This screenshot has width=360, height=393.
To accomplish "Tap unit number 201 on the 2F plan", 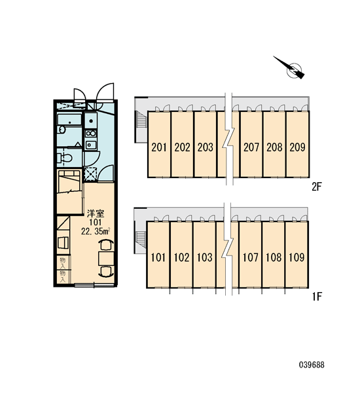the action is pyautogui.click(x=159, y=147).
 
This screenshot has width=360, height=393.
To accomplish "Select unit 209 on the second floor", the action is pyautogui.click(x=297, y=147).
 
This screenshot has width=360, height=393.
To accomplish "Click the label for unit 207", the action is pyautogui.click(x=251, y=147).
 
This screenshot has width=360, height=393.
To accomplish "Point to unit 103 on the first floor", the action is pyautogui.click(x=205, y=257).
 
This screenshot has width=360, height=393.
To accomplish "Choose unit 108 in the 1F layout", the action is pyautogui.click(x=274, y=257).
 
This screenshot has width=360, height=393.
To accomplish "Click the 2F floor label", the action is pyautogui.click(x=316, y=187).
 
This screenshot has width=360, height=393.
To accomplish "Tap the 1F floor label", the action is pyautogui.click(x=317, y=297).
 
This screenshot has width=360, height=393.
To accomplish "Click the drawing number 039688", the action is pyautogui.click(x=312, y=365).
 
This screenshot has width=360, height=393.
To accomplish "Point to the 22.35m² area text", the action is pyautogui.click(x=96, y=231).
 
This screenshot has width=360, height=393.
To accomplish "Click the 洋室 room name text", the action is pyautogui.click(x=96, y=214).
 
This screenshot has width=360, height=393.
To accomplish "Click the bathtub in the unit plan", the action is pyautogui.click(x=69, y=119).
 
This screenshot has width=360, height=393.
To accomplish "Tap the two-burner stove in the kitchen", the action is pyautogui.click(x=91, y=133).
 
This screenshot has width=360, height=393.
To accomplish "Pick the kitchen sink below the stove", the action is pyautogui.click(x=90, y=145).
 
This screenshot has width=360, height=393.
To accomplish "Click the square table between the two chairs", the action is pyautogui.click(x=106, y=259).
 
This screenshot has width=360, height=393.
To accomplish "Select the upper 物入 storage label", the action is pyautogui.click(x=63, y=263).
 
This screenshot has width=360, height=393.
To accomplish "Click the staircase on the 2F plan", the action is pyautogui.click(x=141, y=121).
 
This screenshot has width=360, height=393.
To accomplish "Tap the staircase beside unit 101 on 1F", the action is pyautogui.click(x=140, y=238).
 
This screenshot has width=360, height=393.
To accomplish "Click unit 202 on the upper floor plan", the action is pyautogui.click(x=182, y=147).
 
